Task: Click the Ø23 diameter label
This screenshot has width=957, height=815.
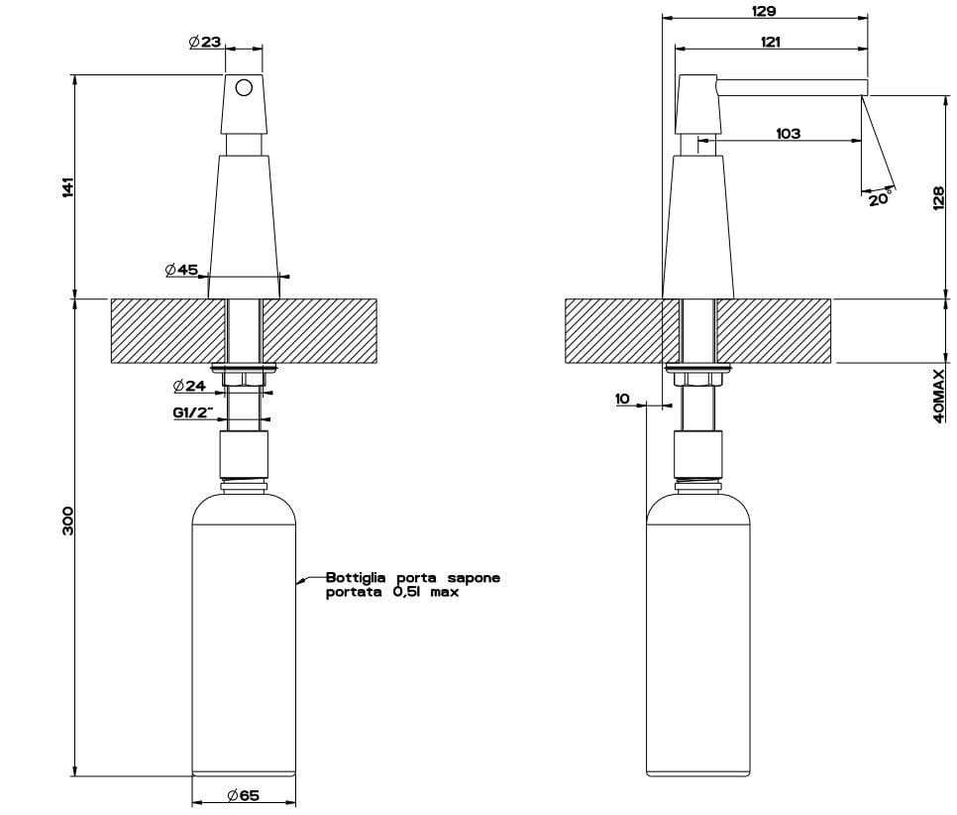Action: click(x=205, y=43)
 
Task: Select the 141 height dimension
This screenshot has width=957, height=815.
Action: click(x=67, y=187)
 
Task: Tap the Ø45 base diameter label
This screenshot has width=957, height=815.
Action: click(x=181, y=269)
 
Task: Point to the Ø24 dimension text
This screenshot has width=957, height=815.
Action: click(x=189, y=386)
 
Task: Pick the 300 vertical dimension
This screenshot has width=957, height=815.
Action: click(x=67, y=521)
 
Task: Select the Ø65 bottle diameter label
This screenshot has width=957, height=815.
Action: click(x=243, y=795)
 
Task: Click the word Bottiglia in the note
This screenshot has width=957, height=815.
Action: click(x=356, y=578)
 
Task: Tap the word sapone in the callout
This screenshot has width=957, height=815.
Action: click(x=475, y=578)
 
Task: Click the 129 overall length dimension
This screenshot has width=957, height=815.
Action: click(x=764, y=11)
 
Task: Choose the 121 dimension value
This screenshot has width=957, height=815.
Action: click(x=770, y=42)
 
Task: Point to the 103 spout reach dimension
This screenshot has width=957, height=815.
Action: click(x=788, y=133)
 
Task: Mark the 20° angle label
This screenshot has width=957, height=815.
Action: click(x=880, y=198)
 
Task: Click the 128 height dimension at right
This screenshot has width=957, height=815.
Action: click(x=939, y=198)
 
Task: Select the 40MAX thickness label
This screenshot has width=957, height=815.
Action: click(x=939, y=396)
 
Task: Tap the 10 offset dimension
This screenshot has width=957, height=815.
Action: click(x=622, y=399)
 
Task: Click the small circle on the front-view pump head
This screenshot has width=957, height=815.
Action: click(x=244, y=88)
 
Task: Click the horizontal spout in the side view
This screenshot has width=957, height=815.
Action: click(x=793, y=86)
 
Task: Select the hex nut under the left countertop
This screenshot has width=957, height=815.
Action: click(x=244, y=379)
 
